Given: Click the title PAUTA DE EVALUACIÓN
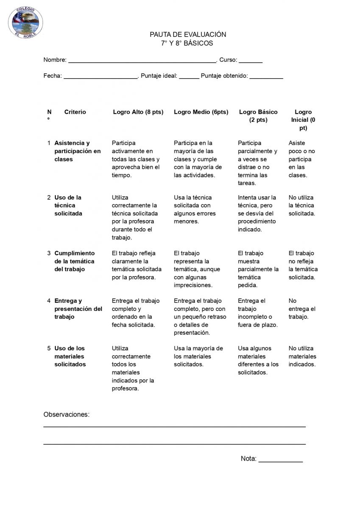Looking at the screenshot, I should tap(187, 34).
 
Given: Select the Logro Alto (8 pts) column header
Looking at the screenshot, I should tap(138, 112).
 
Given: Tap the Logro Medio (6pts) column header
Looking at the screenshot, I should tap(201, 112).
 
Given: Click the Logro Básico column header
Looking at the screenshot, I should tap(258, 116).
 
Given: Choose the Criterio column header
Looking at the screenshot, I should tap(75, 112).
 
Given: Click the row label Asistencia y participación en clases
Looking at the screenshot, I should tap(78, 151).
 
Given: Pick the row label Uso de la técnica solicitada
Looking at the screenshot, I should tap(68, 205).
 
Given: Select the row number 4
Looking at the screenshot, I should tap(49, 301).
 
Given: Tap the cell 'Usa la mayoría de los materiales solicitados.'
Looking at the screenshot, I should tap(198, 356).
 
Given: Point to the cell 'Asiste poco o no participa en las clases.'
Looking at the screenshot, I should tap(300, 159).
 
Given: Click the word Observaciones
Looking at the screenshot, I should tap(67, 414).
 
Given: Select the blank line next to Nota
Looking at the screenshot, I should tap(280, 459).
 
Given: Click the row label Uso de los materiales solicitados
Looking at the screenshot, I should tap(70, 356).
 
